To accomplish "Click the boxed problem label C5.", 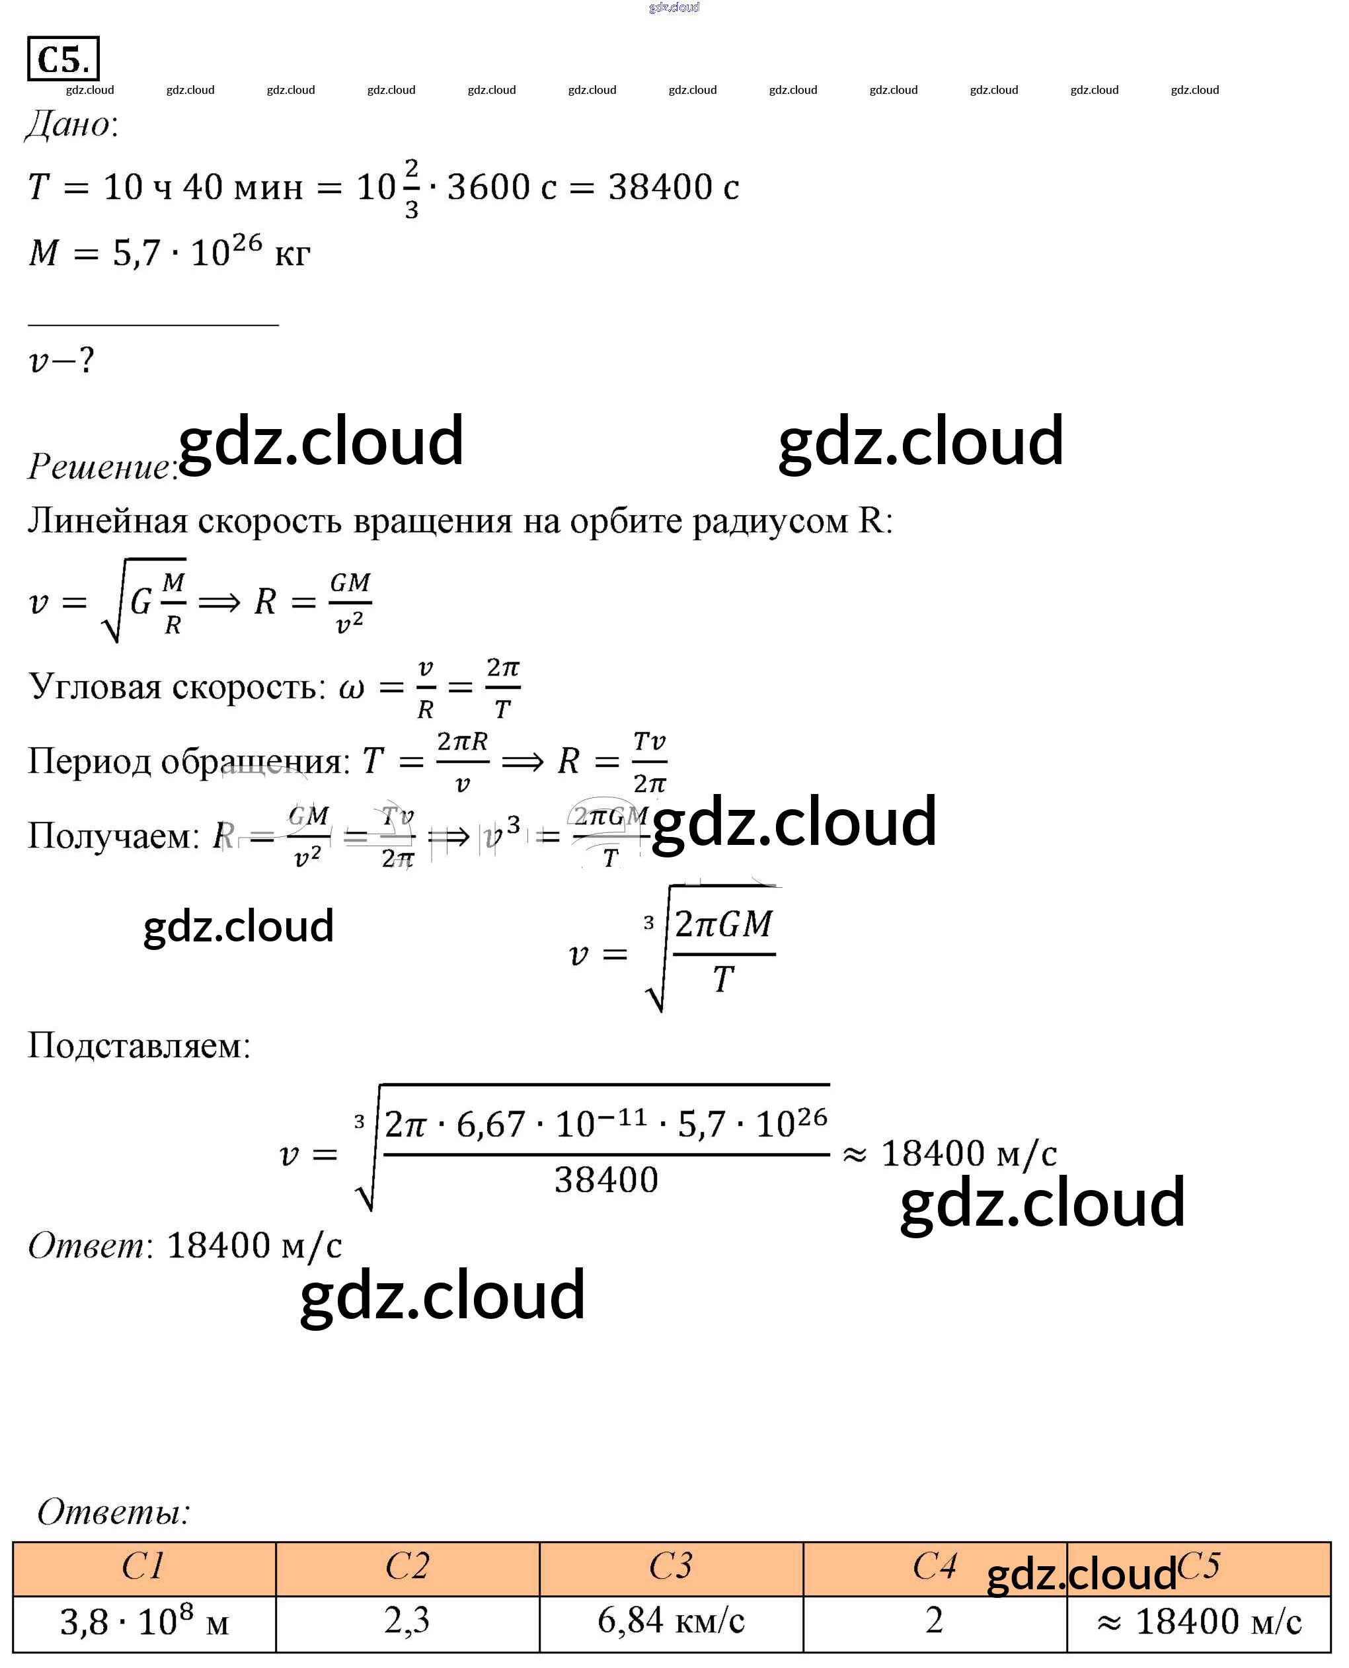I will tap(63, 59).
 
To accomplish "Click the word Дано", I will tap(71, 124).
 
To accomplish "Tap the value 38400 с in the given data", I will tap(673, 187).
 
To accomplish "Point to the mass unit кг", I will tap(292, 254).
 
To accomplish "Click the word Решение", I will tap(101, 466).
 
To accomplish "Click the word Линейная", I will tap(108, 521).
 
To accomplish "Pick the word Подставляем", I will tap(139, 1045).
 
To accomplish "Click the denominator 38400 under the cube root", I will tap(606, 1180).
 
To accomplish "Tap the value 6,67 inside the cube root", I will tap(490, 1125).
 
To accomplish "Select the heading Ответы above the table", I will tap(114, 1512).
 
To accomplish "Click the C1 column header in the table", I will tap(144, 1567).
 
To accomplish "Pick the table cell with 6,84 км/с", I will tap(671, 1621).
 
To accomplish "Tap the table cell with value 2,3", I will tap(406, 1621).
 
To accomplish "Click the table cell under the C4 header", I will tap(934, 1621).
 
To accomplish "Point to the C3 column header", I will tap(671, 1567).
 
